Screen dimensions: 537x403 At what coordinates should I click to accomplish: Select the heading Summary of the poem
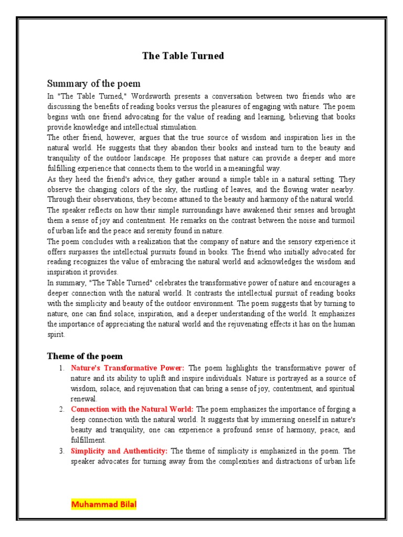[x=93, y=83]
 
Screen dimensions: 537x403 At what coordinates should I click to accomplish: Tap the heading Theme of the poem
[x=84, y=356]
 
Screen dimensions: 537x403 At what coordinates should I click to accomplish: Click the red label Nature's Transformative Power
[x=128, y=368]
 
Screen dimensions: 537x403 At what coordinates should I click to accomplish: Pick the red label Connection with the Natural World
[x=132, y=409]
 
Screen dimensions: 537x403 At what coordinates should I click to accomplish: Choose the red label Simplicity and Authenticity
[x=119, y=450]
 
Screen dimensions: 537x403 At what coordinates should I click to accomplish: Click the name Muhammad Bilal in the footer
[x=103, y=505]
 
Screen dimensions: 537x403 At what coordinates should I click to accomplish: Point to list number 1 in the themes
[x=61, y=368]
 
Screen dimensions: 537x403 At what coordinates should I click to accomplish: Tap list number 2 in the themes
[x=61, y=409]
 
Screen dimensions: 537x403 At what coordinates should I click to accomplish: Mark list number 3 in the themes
[x=61, y=450]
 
